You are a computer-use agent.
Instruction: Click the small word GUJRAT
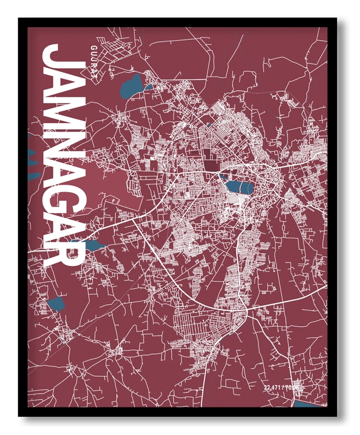(93, 57)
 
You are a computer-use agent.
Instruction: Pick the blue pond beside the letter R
(95, 246)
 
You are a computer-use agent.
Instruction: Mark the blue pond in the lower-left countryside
(56, 303)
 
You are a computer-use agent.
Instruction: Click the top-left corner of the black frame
(20, 20)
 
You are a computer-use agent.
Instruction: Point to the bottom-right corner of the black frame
(336, 414)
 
